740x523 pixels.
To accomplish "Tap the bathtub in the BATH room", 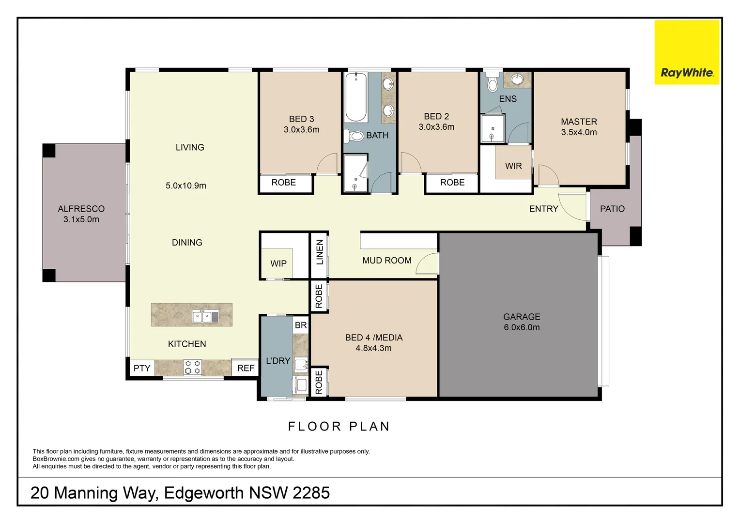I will click(x=356, y=97).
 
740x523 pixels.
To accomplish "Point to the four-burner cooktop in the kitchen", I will click(x=193, y=368).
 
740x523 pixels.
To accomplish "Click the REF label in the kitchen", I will click(x=246, y=368).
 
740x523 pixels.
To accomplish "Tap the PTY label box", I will click(x=142, y=368).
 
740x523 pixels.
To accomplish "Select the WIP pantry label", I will click(x=278, y=263).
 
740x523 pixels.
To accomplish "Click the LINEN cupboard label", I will click(x=320, y=252).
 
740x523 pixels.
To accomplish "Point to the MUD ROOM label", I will click(x=386, y=261).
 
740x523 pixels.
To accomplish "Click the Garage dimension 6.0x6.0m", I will click(x=522, y=327).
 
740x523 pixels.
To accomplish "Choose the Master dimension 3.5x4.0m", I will click(x=579, y=132).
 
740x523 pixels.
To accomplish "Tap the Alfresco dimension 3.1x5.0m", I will click(x=81, y=219).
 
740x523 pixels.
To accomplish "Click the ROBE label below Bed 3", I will click(x=283, y=183).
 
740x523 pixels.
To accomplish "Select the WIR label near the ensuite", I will click(x=513, y=166).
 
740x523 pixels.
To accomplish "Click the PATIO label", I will click(x=612, y=209).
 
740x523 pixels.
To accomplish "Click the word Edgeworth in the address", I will click(x=204, y=493).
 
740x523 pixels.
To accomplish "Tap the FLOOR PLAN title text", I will click(x=339, y=426).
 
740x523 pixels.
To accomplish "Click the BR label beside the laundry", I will click(x=301, y=325).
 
